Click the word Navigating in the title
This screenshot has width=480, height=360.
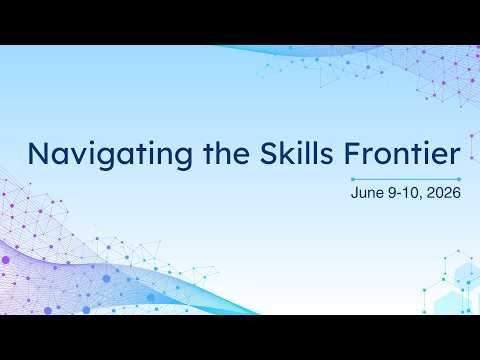(x=110, y=155)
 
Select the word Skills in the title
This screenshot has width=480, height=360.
(x=296, y=153)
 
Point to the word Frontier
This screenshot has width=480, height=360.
(x=402, y=153)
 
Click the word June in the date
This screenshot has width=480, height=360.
(x=368, y=193)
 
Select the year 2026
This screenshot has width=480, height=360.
(x=444, y=193)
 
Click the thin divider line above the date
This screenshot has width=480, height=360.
(x=406, y=179)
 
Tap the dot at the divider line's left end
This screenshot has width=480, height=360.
(x=353, y=179)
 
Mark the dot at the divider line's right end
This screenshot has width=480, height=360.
(x=459, y=179)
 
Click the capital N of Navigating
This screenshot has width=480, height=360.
(x=39, y=154)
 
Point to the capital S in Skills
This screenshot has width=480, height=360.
(x=269, y=154)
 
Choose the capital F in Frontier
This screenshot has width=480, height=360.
(x=352, y=154)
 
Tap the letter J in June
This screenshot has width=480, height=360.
(x=355, y=193)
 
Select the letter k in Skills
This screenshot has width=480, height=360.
(x=289, y=153)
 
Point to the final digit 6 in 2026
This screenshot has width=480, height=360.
(x=457, y=193)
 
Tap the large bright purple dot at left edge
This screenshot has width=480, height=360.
(x=5, y=260)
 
